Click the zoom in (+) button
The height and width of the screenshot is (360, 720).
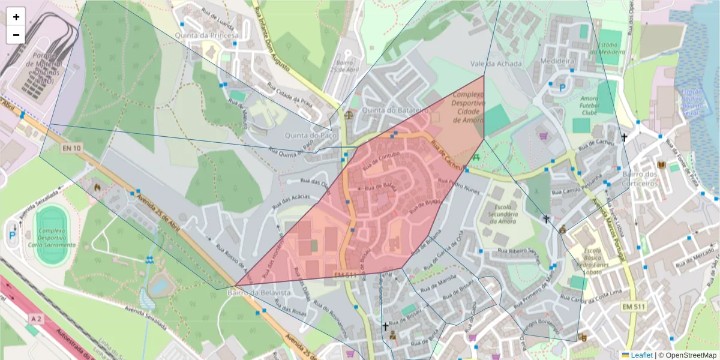point(16,17)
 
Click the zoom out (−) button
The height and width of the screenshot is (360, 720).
point(16,35)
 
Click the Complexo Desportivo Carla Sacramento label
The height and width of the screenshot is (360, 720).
point(55,237)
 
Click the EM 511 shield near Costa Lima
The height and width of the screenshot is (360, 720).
point(634,307)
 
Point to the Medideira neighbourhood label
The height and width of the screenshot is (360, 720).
point(557,61)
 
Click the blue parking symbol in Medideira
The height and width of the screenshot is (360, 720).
point(562,88)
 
